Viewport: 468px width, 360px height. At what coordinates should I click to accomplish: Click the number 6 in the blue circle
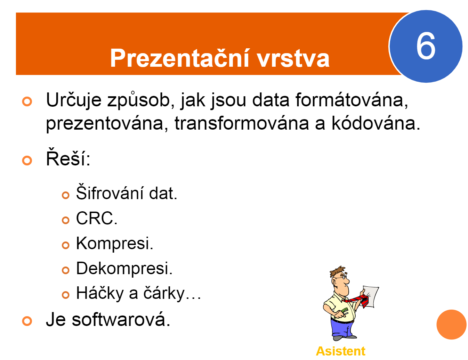[426, 46]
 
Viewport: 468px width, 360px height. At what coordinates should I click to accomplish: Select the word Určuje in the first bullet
[74, 100]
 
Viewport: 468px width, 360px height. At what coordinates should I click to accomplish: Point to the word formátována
[352, 100]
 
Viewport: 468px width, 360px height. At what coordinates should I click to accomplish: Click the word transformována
[242, 123]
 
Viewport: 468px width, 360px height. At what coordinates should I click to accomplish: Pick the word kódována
[376, 123]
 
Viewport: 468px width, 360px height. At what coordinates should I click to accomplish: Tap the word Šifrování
[110, 192]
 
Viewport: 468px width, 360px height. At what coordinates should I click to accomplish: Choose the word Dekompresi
[124, 268]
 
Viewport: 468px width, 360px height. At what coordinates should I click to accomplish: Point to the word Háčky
[100, 293]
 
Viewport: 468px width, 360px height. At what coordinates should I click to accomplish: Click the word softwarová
[121, 320]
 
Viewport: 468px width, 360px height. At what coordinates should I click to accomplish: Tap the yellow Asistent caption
[340, 351]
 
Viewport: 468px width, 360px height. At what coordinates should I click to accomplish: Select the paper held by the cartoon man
[370, 296]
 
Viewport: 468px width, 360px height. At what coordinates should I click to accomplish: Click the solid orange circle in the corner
[451, 324]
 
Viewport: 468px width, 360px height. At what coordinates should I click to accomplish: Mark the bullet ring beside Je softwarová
[27, 321]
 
